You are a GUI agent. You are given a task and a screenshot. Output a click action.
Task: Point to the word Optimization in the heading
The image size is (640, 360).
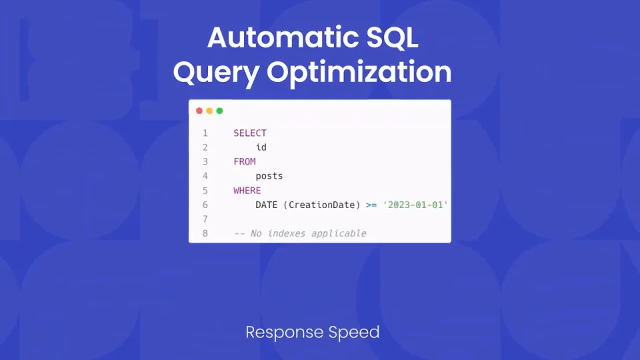point(359,72)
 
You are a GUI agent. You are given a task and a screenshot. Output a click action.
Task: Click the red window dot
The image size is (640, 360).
point(199,111)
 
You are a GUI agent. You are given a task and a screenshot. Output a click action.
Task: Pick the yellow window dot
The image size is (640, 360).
point(209,111)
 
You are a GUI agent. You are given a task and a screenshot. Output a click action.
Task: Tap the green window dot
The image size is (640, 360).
point(219,111)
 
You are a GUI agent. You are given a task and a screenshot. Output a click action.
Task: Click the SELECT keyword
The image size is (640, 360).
point(250,133)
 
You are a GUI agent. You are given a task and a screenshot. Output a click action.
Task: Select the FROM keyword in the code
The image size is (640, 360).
point(245,161)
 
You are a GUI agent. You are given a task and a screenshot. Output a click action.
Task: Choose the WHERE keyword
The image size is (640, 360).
point(247,191)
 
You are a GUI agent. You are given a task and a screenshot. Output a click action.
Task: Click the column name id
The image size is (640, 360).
point(261,147)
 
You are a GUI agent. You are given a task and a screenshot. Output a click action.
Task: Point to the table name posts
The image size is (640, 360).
point(269,176)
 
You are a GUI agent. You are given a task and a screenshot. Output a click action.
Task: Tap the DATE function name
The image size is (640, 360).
point(267,205)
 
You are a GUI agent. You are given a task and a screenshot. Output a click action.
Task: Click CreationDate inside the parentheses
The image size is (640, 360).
point(321,205)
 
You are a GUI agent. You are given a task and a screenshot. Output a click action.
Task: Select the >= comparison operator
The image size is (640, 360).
point(371,205)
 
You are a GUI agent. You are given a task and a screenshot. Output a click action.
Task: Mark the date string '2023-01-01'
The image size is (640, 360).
point(415,205)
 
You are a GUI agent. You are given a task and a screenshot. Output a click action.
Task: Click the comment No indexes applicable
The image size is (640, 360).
point(308,233)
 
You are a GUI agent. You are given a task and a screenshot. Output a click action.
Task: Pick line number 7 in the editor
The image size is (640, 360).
point(205,219)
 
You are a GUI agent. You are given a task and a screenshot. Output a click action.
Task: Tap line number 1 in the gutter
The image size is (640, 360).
point(205,133)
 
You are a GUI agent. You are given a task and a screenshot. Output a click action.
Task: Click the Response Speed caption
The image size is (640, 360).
point(313,332)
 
